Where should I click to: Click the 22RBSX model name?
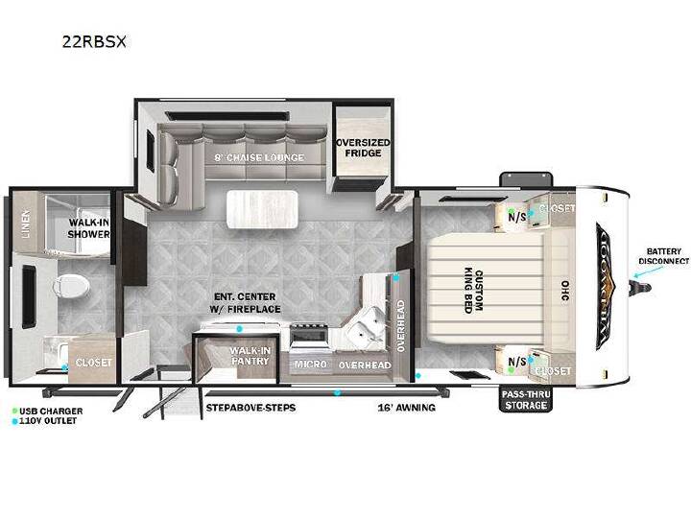coord(94,41)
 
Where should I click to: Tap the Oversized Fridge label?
coord(363,148)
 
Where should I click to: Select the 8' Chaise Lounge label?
coord(259,157)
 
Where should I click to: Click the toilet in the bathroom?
coord(71,286)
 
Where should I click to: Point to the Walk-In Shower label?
coord(88,228)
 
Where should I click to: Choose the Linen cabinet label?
coord(26,224)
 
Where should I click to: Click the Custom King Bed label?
coord(473,291)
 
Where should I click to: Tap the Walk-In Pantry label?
coord(250,356)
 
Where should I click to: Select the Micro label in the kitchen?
coord(311,364)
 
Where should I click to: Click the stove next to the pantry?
coord(309,337)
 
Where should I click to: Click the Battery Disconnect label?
coord(664,256)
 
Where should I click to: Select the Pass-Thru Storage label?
coord(526,399)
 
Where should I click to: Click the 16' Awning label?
coord(406,408)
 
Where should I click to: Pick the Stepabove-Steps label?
coord(250,408)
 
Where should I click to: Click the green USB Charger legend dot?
coord(14,411)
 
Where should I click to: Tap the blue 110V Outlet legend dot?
coord(14,421)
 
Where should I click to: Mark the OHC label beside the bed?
coord(564,291)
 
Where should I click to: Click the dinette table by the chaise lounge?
coord(262,209)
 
